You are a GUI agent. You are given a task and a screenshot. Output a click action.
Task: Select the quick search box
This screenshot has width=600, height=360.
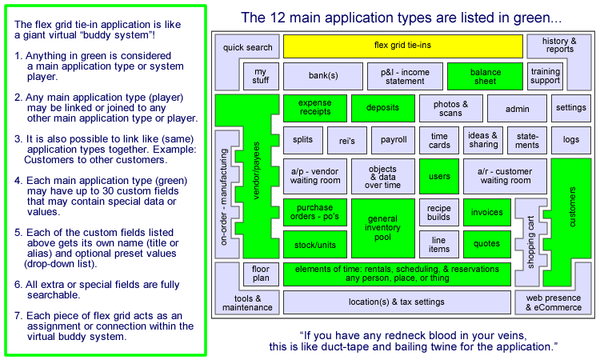248,48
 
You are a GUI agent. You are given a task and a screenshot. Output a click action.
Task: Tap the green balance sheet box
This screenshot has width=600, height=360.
485,76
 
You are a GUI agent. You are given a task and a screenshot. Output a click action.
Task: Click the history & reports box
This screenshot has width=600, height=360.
559,46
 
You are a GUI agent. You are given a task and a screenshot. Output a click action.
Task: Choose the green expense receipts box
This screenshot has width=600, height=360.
314,108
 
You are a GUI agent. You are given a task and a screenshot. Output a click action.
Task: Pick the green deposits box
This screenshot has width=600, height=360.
382,108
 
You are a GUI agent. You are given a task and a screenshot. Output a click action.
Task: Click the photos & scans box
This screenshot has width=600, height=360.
451,108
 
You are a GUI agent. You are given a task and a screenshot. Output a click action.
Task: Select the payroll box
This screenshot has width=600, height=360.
394,140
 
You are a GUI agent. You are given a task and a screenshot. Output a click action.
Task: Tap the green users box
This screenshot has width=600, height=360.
439,175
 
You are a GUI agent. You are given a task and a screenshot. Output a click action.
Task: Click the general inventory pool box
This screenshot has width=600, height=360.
382,228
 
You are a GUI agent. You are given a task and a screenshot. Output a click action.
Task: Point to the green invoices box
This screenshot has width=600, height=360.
486,212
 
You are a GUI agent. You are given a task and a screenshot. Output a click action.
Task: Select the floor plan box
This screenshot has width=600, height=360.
261,274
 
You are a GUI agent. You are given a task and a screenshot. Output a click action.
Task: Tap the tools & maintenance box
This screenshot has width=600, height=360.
242,302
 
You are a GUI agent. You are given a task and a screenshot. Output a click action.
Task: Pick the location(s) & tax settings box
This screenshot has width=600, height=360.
397,302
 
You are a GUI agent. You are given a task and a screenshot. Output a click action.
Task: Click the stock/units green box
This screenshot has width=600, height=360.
314,245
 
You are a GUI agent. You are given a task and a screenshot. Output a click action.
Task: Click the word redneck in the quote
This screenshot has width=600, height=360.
380,333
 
